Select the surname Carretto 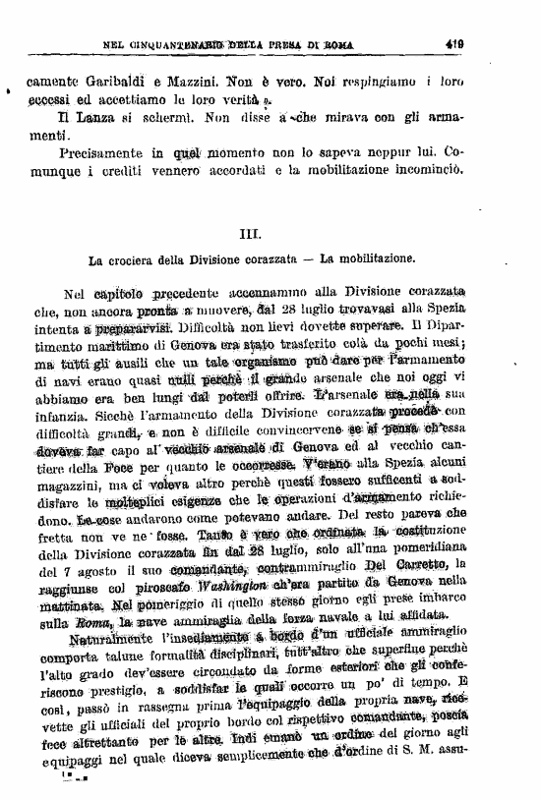coord(411,563)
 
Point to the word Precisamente coord(100,154)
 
